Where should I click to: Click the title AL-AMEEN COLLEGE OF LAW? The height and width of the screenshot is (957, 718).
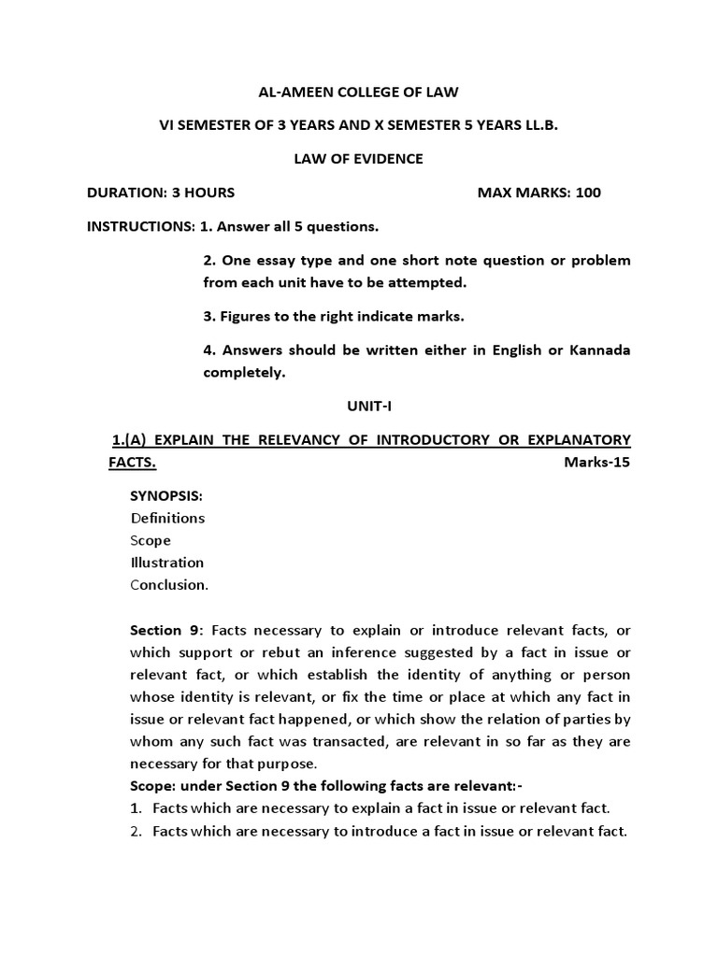pos(359,91)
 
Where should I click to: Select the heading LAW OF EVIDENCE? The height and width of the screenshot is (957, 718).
pos(359,159)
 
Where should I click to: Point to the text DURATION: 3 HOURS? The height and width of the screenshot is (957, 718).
pos(161,193)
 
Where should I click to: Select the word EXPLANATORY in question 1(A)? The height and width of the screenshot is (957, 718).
pos(574,439)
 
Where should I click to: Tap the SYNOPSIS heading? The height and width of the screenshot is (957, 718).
pos(165,495)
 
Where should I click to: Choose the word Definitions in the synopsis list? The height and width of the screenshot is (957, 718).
pos(167,518)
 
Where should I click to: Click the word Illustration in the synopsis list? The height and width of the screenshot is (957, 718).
pos(167,563)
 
